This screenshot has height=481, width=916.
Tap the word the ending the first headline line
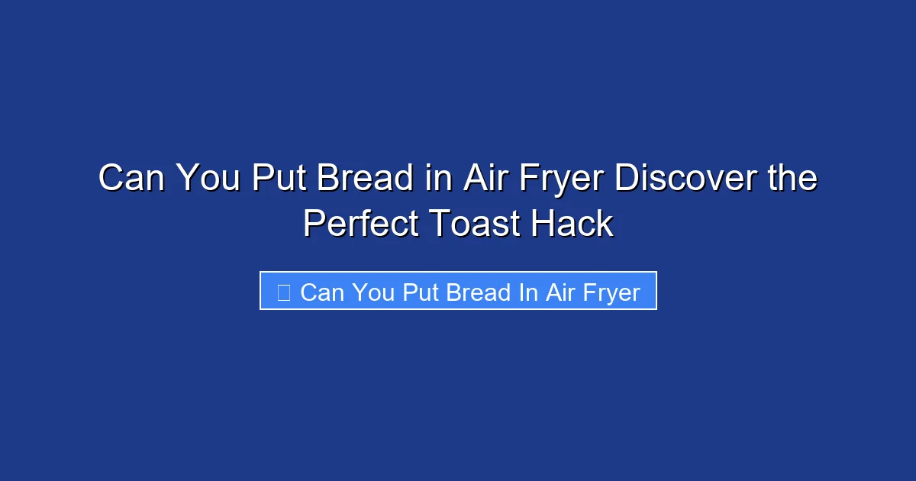(x=790, y=179)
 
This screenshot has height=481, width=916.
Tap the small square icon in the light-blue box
(x=283, y=292)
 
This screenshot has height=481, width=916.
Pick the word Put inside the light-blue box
(x=419, y=292)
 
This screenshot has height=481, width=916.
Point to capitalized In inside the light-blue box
(x=528, y=292)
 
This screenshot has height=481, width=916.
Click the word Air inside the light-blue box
(x=559, y=292)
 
